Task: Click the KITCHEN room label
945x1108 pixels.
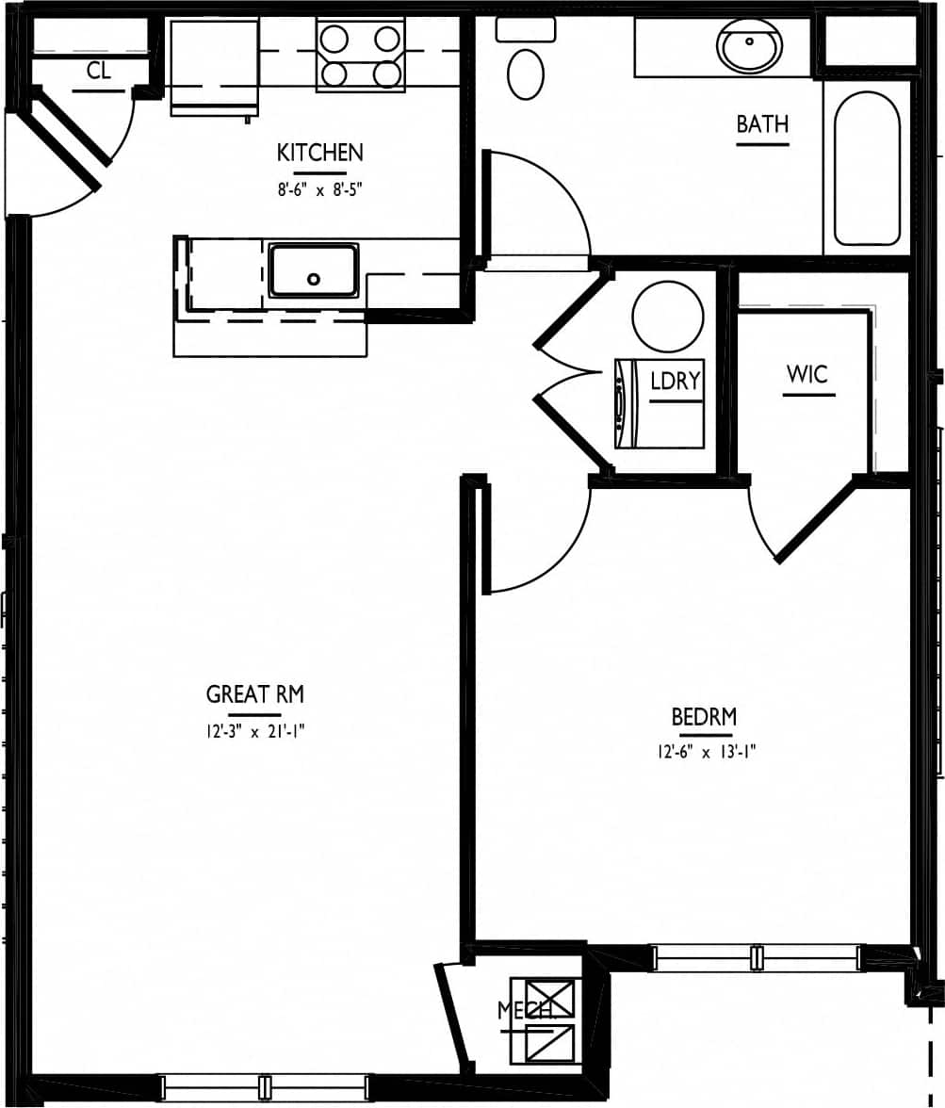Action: tap(319, 153)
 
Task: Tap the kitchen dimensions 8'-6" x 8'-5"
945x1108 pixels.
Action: tap(319, 188)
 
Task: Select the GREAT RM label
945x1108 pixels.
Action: tap(254, 695)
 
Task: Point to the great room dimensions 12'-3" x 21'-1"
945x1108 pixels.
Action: tap(254, 729)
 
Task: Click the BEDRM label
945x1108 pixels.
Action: tap(703, 717)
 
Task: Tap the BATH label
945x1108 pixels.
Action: tap(762, 124)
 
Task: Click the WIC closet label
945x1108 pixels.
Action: tap(807, 374)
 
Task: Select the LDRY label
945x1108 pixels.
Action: tap(676, 382)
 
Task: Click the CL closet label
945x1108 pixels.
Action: tap(98, 71)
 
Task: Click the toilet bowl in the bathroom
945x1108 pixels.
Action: tap(525, 73)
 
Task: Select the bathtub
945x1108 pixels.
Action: tap(867, 168)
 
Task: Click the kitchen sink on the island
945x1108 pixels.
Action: tap(313, 270)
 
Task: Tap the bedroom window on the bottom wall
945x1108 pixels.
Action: tap(756, 958)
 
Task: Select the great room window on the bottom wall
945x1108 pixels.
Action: tap(265, 1087)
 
